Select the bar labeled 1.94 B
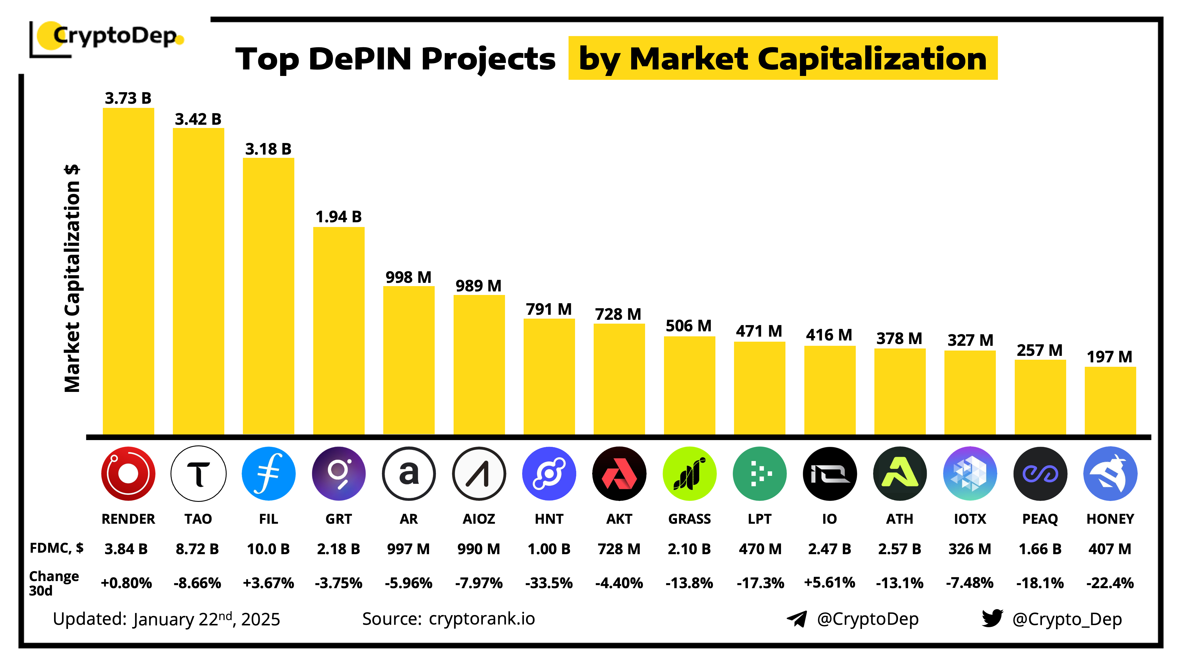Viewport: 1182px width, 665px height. pyautogui.click(x=339, y=330)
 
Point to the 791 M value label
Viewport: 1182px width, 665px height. pyautogui.click(x=549, y=309)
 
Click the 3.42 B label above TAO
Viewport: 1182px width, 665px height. pyautogui.click(x=198, y=119)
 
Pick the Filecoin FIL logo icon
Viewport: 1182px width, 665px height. pyautogui.click(x=268, y=473)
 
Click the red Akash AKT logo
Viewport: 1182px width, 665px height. pyautogui.click(x=619, y=473)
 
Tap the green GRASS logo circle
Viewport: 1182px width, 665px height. pyautogui.click(x=689, y=473)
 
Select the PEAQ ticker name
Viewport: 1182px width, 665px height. pyautogui.click(x=1040, y=519)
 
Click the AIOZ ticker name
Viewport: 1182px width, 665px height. pyautogui.click(x=479, y=519)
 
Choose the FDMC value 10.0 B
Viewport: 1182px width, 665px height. pyautogui.click(x=268, y=549)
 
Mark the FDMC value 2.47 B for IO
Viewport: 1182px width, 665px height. pyautogui.click(x=829, y=549)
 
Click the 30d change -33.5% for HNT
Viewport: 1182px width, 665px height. pyautogui.click(x=549, y=583)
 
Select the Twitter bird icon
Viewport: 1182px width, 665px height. pyautogui.click(x=992, y=618)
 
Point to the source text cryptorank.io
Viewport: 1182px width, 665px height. pyautogui.click(x=482, y=619)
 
